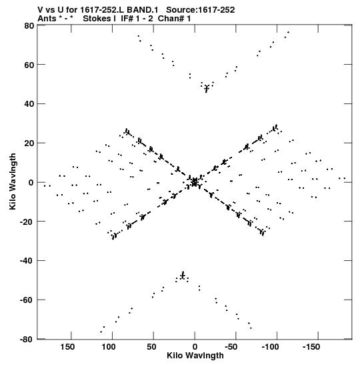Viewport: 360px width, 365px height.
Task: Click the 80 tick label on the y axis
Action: [x=29, y=26]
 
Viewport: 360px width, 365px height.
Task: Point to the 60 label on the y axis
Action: [x=29, y=65]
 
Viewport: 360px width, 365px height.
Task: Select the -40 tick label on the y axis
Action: [x=27, y=261]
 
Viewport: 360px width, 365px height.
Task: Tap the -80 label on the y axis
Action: [x=27, y=340]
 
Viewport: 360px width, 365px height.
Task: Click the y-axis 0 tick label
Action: [x=31, y=183]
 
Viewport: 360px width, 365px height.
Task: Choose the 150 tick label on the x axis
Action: [x=67, y=347]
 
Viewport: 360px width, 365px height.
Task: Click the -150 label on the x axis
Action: [x=311, y=347]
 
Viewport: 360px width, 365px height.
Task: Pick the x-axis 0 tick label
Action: [x=195, y=347]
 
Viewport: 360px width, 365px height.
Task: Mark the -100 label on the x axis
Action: [x=270, y=347]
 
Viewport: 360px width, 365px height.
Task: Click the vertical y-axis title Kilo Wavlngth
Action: [x=13, y=181]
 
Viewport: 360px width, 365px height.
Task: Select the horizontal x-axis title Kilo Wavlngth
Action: [x=195, y=356]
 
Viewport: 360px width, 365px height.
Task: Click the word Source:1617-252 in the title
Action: [x=201, y=10]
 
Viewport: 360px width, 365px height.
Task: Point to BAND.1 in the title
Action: [x=142, y=10]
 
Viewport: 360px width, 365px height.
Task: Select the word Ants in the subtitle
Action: [x=47, y=19]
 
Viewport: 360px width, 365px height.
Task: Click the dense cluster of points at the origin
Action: [x=195, y=182]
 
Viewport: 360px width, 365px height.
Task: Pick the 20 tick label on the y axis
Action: [x=29, y=143]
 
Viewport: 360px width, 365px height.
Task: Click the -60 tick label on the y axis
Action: [x=27, y=300]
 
